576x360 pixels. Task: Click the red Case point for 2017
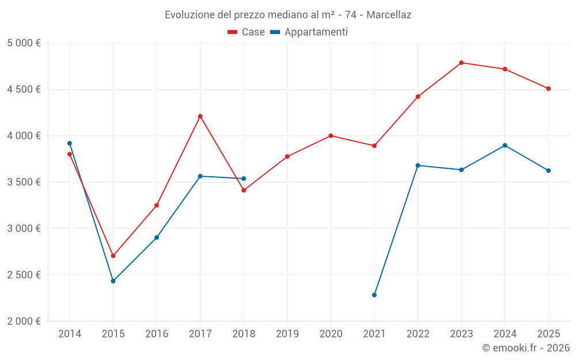[200, 116]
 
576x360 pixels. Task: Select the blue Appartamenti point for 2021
[374, 295]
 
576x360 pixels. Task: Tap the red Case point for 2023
[461, 63]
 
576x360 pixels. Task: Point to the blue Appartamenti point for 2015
[113, 281]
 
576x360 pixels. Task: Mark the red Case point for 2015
[113, 256]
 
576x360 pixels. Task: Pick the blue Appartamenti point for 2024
[505, 145]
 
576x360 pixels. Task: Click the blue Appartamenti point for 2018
[244, 179]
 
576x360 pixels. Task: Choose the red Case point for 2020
[331, 136]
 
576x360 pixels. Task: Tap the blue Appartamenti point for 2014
[70, 143]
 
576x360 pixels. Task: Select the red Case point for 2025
[548, 89]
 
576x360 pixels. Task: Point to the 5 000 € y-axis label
[24, 43]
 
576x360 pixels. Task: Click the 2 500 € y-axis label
[24, 275]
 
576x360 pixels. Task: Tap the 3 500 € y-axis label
[24, 182]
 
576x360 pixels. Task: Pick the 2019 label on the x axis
[287, 334]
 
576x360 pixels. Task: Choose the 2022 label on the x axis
[418, 334]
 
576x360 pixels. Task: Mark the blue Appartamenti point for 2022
[418, 165]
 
